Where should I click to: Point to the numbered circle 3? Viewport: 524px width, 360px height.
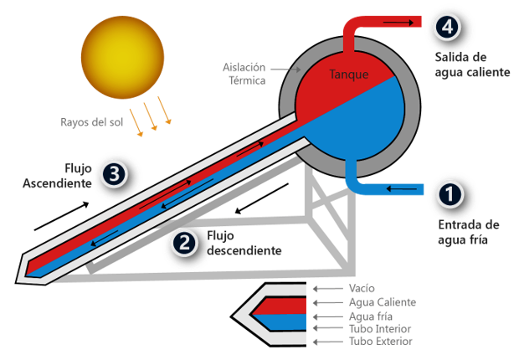coord(116,175)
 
